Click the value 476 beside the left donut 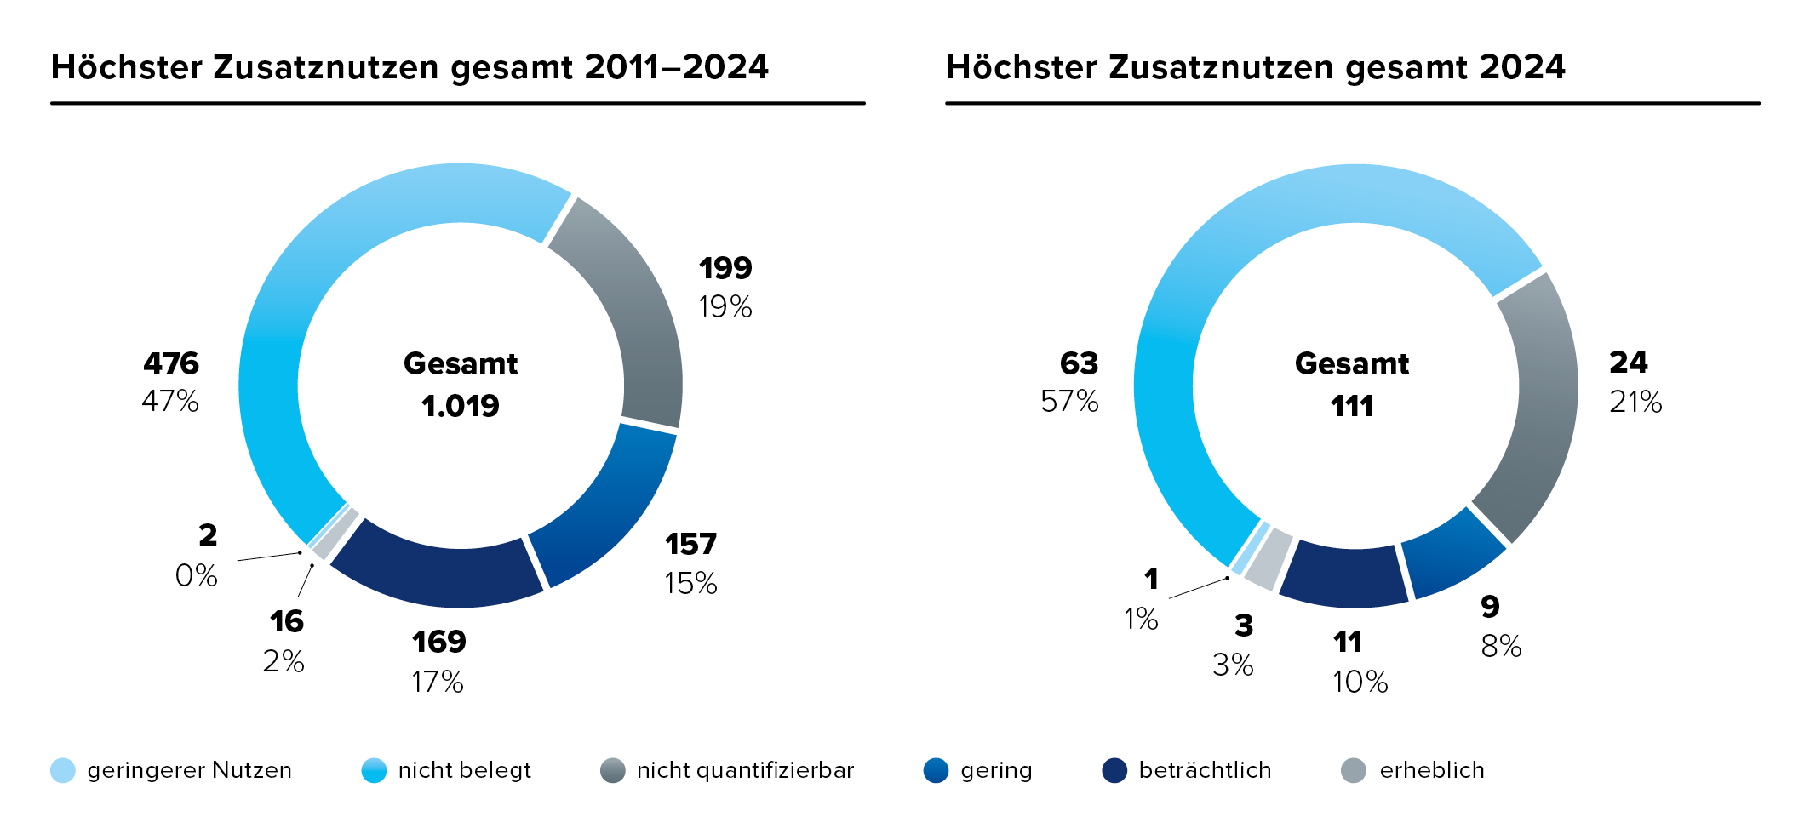171,363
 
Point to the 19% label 725,307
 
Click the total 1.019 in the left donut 461,406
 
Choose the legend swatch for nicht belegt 374,770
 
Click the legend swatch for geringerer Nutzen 63,770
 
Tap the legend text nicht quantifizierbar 745,770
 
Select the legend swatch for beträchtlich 1114,770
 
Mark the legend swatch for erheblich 1353,770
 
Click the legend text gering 996,770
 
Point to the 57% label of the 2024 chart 1069,401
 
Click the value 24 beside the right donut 1629,363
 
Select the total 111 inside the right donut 1352,406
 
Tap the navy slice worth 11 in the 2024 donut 1343,576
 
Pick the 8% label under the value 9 1501,647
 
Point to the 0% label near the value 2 197,576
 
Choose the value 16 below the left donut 287,622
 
